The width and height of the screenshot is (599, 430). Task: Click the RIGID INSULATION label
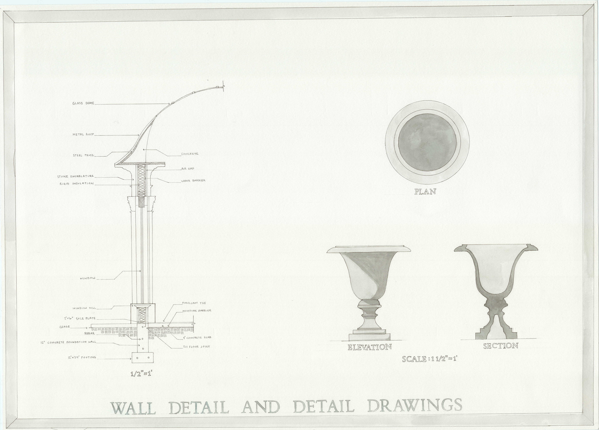[x=77, y=183]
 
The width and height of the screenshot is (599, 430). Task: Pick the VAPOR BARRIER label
[x=193, y=181]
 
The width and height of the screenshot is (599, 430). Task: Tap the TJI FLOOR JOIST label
[x=197, y=347]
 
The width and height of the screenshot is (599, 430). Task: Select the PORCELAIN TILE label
[x=194, y=303]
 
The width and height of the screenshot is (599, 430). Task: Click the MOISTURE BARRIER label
[x=197, y=311]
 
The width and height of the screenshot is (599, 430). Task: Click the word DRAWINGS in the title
[x=415, y=405]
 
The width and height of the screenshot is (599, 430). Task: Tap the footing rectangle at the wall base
[x=143, y=358]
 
